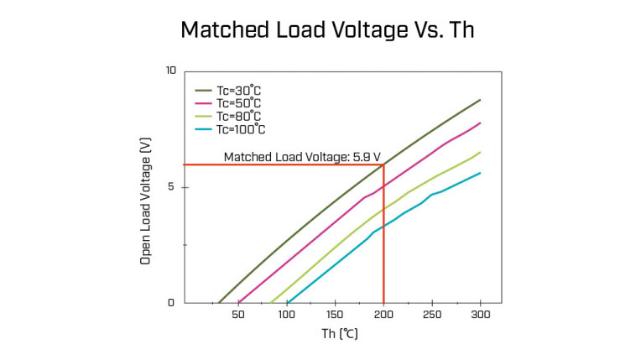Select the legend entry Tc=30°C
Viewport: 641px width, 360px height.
[232, 90]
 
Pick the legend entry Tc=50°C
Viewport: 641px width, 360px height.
[232, 102]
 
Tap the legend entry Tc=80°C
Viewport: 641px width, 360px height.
[232, 116]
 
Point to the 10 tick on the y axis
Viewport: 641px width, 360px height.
[171, 70]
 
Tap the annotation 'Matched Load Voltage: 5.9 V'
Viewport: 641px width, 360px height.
[302, 157]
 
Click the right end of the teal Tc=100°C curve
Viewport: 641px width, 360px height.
[480, 173]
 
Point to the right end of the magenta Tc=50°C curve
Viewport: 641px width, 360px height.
[480, 123]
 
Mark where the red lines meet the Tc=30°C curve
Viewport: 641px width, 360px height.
[383, 164]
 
